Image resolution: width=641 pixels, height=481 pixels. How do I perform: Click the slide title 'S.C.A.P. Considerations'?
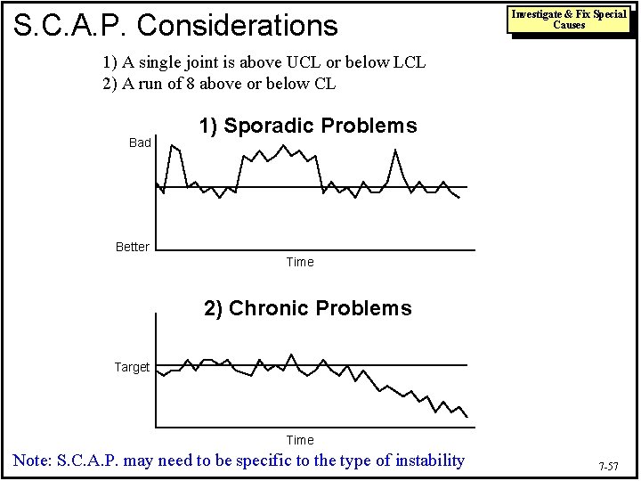tap(174, 24)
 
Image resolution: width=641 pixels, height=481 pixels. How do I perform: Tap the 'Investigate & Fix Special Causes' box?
tap(568, 20)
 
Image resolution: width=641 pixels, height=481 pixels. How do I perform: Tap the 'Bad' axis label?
tap(140, 143)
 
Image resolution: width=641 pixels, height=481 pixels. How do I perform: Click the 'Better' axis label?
tap(133, 247)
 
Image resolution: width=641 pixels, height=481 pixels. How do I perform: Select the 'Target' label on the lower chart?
tap(132, 367)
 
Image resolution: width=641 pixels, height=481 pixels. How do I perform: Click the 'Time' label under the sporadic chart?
tap(300, 262)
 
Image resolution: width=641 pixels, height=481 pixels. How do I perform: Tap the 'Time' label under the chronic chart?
tap(300, 440)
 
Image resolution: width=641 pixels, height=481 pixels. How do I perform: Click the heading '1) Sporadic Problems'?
tap(307, 126)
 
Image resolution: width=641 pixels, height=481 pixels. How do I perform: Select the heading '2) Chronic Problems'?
tap(307, 308)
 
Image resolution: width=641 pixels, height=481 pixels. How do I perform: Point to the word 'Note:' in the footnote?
tap(32, 461)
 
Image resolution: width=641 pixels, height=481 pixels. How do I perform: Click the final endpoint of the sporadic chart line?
tap(459, 198)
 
